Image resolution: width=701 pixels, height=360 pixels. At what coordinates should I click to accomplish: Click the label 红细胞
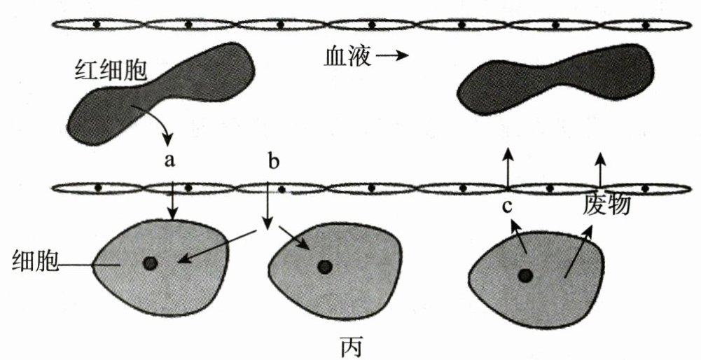pyautogui.click(x=106, y=68)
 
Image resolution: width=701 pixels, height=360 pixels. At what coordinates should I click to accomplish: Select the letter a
pyautogui.click(x=169, y=160)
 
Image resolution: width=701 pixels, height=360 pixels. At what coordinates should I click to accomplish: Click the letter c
pyautogui.click(x=507, y=207)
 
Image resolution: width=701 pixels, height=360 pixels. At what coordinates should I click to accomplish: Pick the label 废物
pyautogui.click(x=607, y=205)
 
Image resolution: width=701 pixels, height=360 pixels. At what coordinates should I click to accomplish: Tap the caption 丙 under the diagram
pyautogui.click(x=350, y=347)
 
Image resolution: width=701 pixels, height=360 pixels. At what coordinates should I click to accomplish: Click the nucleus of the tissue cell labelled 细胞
pyautogui.click(x=150, y=263)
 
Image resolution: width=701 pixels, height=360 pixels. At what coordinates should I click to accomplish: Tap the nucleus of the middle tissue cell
pyautogui.click(x=324, y=266)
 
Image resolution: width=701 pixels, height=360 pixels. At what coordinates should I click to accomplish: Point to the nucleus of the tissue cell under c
pyautogui.click(x=525, y=275)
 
